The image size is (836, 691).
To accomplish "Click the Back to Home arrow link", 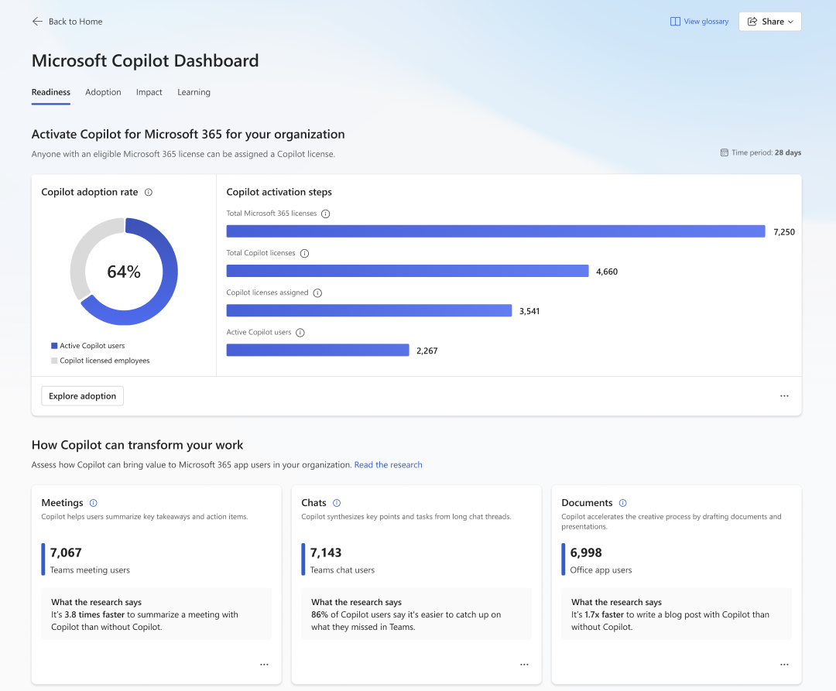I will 67,22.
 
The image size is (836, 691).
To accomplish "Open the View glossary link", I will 699,22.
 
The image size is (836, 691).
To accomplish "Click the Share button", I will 769,22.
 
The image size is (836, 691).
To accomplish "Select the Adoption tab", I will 103,92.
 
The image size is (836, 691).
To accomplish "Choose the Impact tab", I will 149,92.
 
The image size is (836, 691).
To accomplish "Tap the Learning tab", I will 194,92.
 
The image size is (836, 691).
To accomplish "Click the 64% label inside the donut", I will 124,272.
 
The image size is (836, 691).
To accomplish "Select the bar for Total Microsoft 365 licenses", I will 495,231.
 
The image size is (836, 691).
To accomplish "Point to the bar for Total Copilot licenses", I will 407,271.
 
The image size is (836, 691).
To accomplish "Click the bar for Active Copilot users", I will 317,351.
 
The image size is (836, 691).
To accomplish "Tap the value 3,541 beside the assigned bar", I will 529,311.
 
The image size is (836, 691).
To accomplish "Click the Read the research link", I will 388,465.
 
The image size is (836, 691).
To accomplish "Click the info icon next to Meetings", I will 94,503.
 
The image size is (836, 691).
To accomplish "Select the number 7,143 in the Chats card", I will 326,552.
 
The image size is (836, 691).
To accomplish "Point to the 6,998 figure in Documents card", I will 586,552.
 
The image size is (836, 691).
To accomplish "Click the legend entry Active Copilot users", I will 91,346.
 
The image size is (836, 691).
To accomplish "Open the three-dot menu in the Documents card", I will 784,665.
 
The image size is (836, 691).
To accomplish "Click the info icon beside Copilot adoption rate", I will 149,193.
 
